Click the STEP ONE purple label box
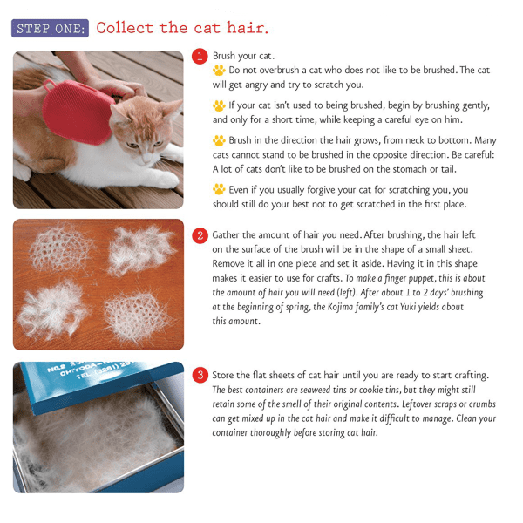(51, 28)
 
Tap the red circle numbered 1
(200, 57)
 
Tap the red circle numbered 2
(200, 235)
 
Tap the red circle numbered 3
(200, 376)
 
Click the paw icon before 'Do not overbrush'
(220, 71)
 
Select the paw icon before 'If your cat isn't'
(220, 105)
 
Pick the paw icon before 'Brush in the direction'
(220, 140)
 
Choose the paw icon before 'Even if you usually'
(220, 189)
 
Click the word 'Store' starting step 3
(228, 376)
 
